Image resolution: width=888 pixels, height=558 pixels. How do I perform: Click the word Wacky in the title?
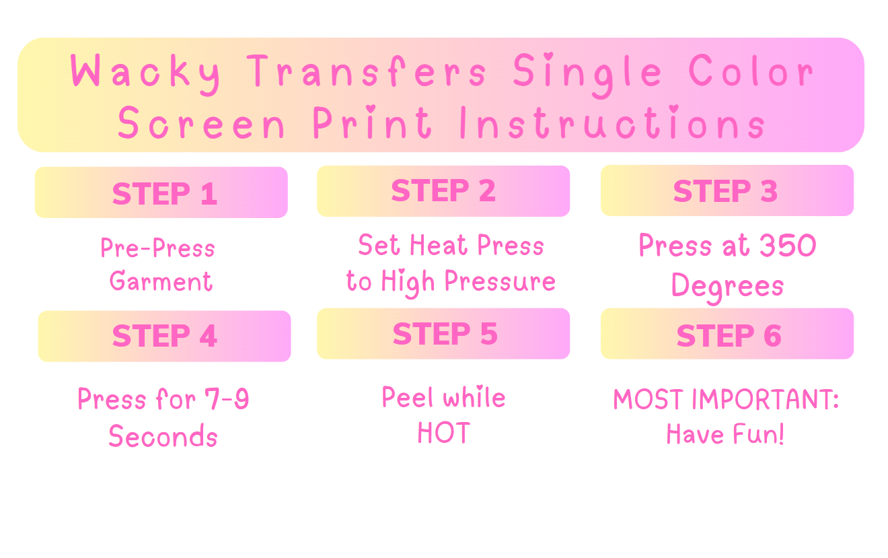click(x=145, y=74)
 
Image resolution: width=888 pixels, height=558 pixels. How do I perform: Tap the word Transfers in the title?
click(x=366, y=71)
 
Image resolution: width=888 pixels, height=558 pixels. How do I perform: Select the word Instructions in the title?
click(x=612, y=122)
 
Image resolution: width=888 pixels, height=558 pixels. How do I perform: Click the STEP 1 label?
click(x=165, y=194)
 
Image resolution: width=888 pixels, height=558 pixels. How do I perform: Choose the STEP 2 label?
click(x=443, y=190)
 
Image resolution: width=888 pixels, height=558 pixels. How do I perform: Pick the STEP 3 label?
click(x=725, y=191)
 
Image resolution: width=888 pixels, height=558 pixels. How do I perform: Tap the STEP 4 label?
click(x=165, y=336)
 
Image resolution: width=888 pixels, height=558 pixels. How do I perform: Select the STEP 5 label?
click(x=445, y=334)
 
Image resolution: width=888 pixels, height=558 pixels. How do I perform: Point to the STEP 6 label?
click(x=729, y=336)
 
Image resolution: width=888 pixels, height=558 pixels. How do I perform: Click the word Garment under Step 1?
click(x=161, y=281)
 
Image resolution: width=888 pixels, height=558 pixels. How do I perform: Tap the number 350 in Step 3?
click(x=788, y=246)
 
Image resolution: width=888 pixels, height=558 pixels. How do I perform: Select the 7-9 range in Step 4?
click(x=227, y=398)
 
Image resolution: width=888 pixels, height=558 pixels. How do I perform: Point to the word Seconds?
click(x=163, y=436)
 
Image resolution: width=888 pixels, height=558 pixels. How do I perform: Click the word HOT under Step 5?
click(x=444, y=433)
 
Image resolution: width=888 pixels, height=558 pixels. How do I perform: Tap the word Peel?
click(x=408, y=396)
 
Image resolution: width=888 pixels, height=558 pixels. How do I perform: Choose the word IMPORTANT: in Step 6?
click(x=765, y=399)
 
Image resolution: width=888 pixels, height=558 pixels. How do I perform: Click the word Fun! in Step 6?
click(x=758, y=434)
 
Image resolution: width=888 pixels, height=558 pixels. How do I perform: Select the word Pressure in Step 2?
click(x=500, y=281)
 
